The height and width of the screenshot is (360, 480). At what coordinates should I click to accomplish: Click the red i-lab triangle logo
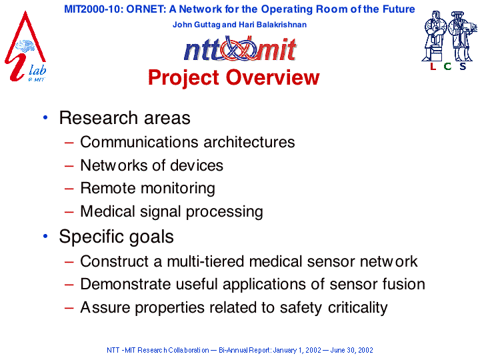[25, 46]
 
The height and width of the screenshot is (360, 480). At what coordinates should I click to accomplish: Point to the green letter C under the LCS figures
[447, 66]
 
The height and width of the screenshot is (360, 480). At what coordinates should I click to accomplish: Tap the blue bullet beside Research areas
[45, 117]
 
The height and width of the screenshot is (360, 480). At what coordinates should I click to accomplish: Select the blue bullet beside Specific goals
[45, 236]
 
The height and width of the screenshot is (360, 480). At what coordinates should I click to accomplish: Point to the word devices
[197, 165]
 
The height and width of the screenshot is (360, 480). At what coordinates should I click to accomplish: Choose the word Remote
[108, 188]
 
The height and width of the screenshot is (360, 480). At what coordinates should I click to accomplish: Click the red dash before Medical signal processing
[69, 211]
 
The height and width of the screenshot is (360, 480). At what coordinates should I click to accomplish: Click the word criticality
[357, 307]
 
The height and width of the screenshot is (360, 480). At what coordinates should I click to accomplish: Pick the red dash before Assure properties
[69, 307]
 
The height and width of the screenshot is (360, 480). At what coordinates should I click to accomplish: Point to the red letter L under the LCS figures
[433, 66]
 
